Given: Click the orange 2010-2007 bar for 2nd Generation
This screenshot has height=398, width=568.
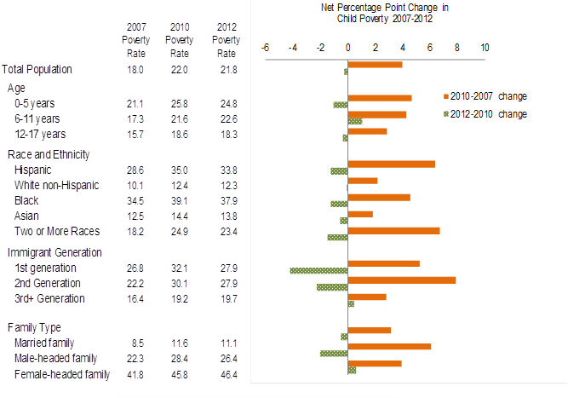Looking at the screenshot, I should point(402,280).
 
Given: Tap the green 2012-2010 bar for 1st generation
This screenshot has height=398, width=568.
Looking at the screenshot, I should point(318,271).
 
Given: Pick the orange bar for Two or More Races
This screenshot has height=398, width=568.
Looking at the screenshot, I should point(393,229).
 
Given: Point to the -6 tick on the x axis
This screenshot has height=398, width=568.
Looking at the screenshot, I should point(266,48).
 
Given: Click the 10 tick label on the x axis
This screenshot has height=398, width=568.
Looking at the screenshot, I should point(485,48).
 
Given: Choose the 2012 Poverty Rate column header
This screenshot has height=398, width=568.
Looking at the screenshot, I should point(226,39).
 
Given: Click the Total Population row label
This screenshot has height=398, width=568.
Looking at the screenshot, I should point(37,69).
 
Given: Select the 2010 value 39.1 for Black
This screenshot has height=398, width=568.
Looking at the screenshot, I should point(179,200).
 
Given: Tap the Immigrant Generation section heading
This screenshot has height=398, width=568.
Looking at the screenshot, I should point(55,252).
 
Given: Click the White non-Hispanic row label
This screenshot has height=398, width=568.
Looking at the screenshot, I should point(56,185).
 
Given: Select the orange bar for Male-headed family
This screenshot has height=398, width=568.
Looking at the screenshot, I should point(390,346).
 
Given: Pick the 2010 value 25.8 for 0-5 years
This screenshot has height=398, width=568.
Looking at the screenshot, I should point(179,104).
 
